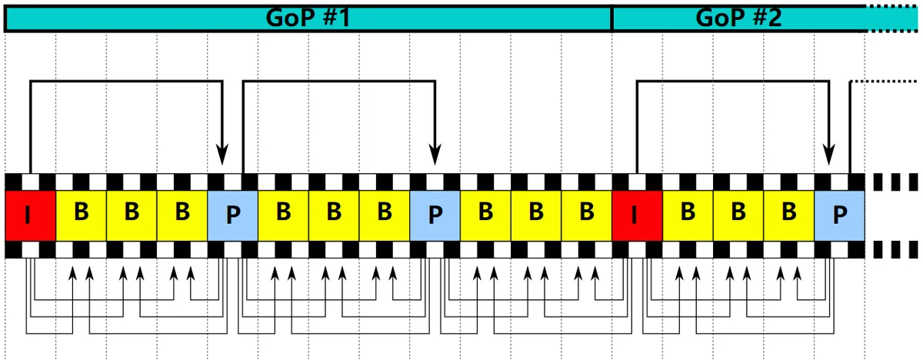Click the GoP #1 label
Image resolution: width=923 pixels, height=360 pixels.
point(308,18)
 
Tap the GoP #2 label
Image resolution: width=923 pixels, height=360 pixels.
point(738,18)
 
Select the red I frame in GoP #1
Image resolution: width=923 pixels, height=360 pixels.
point(31,215)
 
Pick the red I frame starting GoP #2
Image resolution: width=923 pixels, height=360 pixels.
point(637,215)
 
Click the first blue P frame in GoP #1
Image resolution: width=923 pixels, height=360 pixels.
point(233,215)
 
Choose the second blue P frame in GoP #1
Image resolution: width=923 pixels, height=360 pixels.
point(435,215)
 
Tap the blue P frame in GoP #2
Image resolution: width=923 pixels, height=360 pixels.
point(839,215)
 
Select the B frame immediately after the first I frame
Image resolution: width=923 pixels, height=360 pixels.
point(82,215)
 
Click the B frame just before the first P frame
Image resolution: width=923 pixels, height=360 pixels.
point(182,215)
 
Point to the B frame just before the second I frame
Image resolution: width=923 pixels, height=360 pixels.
point(587,215)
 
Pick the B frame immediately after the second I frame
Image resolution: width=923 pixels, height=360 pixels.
point(688,215)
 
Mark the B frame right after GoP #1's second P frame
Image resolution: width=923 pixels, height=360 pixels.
point(485,215)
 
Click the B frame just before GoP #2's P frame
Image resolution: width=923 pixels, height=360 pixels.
point(789,215)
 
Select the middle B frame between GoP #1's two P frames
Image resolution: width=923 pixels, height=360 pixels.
point(334,215)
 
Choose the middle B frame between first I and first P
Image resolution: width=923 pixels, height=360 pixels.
point(132,215)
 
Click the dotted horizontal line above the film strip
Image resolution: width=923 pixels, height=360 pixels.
point(884,81)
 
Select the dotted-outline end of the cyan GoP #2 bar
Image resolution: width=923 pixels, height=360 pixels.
point(891,18)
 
